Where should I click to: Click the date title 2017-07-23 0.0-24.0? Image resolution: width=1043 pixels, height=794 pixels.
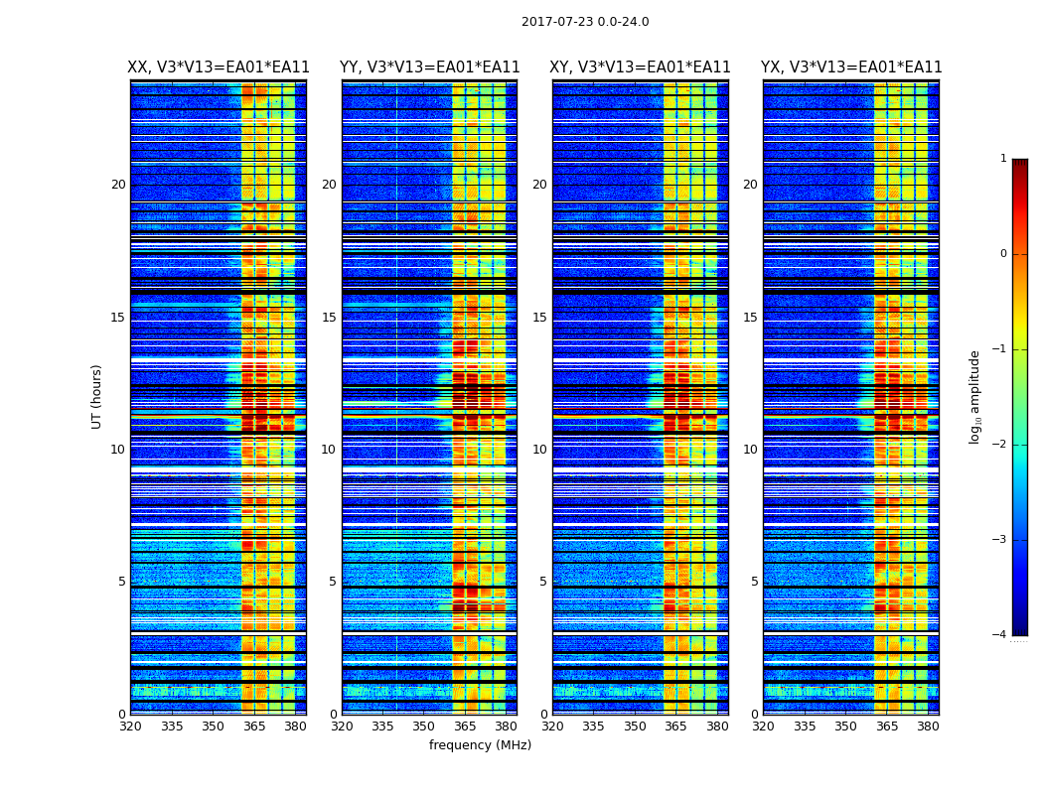click(x=585, y=22)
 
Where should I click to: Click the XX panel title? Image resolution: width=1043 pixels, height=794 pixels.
click(x=219, y=67)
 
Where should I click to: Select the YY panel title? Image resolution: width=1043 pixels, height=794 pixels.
click(x=429, y=67)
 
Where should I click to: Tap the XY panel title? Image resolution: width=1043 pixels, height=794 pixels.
click(x=640, y=67)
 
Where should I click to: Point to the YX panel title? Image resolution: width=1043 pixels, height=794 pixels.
click(x=851, y=67)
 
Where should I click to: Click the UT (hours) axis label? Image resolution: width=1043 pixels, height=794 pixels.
click(x=97, y=396)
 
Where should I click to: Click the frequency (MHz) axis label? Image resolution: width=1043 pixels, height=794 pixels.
click(x=480, y=745)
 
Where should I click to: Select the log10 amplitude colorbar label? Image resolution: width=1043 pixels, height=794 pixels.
click(x=975, y=396)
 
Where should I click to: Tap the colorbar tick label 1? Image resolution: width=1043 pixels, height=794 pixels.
click(x=1003, y=159)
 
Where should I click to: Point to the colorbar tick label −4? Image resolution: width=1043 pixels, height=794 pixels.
click(x=1000, y=635)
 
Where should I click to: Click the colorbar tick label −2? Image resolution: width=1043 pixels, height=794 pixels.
click(x=1000, y=445)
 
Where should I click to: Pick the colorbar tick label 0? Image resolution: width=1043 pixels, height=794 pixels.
click(x=1003, y=254)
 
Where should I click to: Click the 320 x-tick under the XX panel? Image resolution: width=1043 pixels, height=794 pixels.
click(x=130, y=727)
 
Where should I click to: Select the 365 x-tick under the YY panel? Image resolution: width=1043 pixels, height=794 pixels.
click(x=465, y=727)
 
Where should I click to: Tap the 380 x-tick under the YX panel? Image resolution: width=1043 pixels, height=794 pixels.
click(x=928, y=727)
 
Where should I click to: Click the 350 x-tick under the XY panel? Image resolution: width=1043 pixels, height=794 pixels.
click(x=635, y=727)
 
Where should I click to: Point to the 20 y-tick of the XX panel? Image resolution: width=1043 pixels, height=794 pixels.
click(x=118, y=185)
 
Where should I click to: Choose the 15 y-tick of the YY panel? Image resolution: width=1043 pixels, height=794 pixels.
click(x=329, y=318)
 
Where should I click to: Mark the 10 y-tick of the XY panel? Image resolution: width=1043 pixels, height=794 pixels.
click(x=539, y=450)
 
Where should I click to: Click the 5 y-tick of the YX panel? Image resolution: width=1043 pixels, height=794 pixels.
click(x=754, y=582)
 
